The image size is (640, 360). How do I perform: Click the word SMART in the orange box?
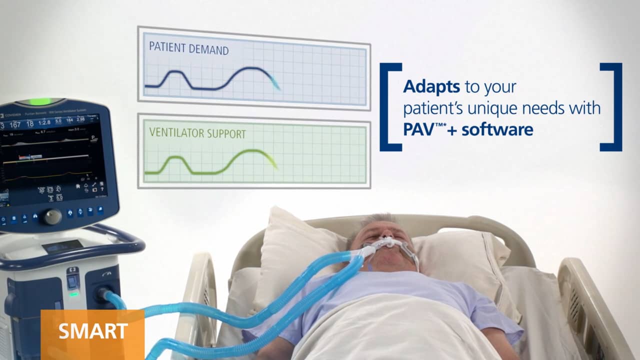(x=93, y=331)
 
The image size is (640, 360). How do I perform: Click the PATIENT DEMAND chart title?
(x=188, y=49)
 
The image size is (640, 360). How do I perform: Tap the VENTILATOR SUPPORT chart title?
(x=197, y=134)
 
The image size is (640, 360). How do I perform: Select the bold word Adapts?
(x=431, y=86)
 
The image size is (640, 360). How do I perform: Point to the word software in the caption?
(x=497, y=129)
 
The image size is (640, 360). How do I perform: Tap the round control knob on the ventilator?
(x=51, y=216)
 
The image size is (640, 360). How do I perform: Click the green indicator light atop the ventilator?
(x=40, y=101)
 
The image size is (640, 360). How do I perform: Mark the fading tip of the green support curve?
(x=274, y=164)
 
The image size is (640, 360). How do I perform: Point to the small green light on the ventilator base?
(x=73, y=294)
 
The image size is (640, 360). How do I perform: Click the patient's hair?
(x=372, y=220)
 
